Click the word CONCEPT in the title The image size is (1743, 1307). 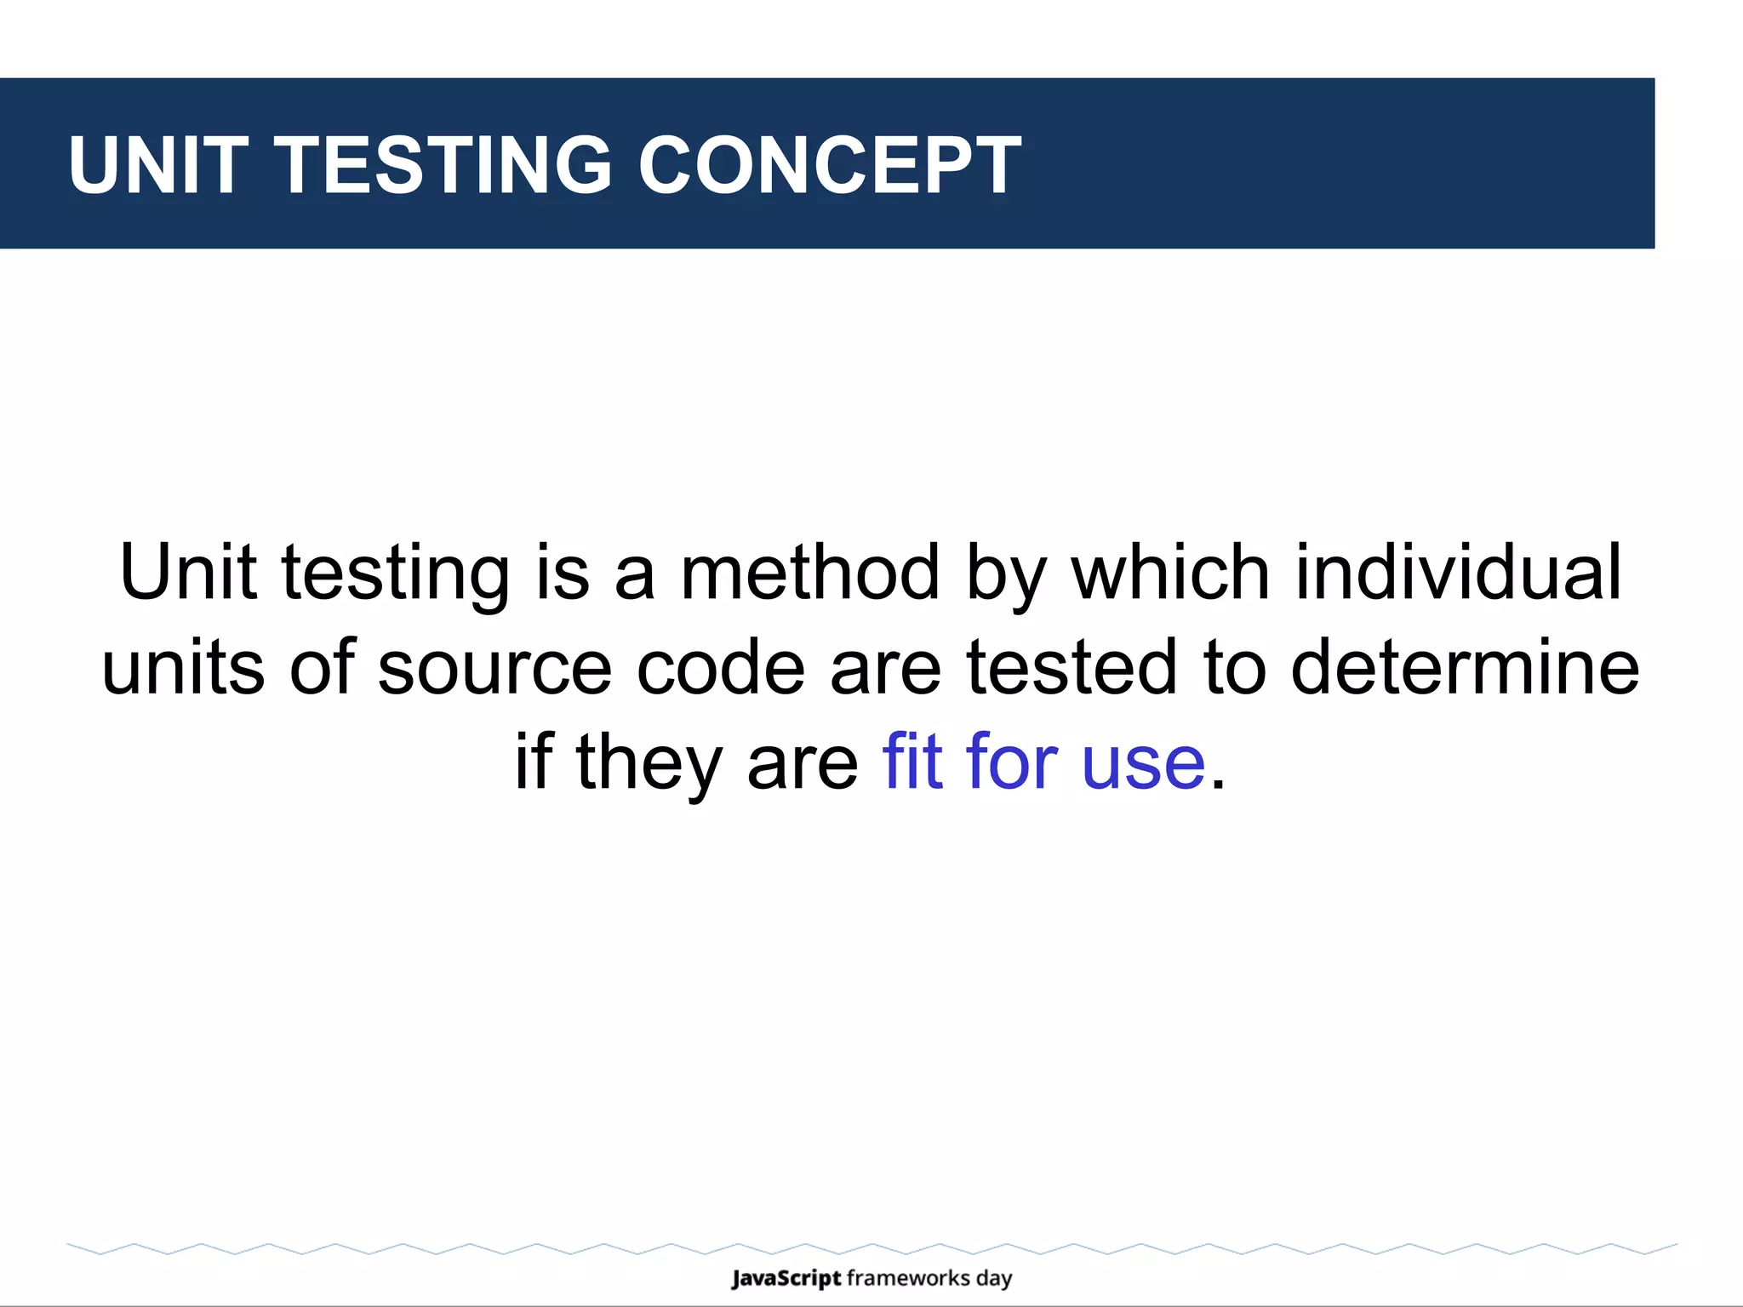click(x=830, y=165)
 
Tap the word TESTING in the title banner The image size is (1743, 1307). click(x=443, y=165)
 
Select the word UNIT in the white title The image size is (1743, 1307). click(x=158, y=165)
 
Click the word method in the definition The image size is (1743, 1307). click(x=810, y=573)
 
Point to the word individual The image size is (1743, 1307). click(x=1459, y=573)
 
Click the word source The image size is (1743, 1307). click(x=494, y=668)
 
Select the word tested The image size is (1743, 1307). click(x=1072, y=668)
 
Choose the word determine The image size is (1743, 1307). click(x=1465, y=668)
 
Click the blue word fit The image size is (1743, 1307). click(x=912, y=762)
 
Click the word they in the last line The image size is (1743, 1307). click(x=649, y=763)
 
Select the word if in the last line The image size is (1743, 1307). click(x=534, y=762)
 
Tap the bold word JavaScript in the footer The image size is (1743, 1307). click(x=786, y=1278)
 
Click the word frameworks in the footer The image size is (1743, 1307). click(x=908, y=1278)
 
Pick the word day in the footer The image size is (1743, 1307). click(x=994, y=1279)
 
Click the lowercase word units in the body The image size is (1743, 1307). click(x=183, y=668)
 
